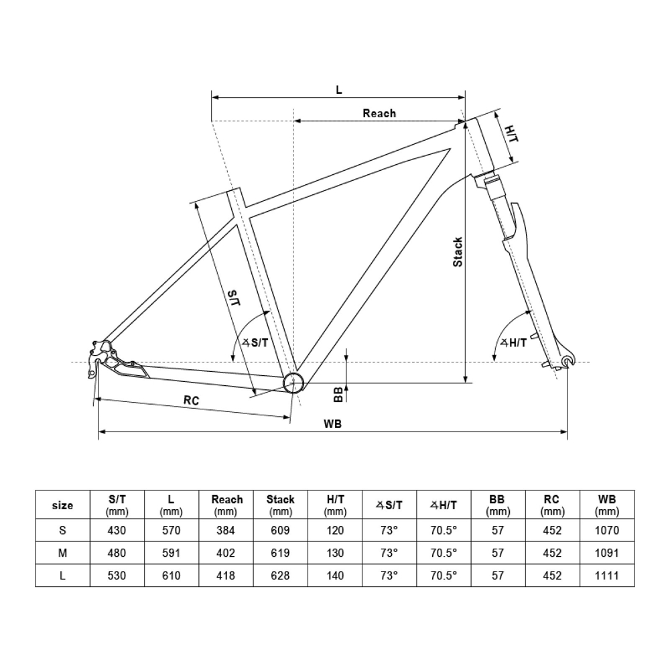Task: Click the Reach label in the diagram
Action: [x=379, y=113]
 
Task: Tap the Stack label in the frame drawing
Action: [x=458, y=252]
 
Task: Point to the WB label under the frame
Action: [x=333, y=423]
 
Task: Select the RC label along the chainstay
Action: [x=192, y=400]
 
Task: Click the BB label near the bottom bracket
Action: [x=339, y=394]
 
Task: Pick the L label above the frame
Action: [x=339, y=90]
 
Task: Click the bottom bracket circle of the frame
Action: [x=294, y=383]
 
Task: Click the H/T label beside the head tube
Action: [x=511, y=133]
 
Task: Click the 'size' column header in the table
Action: [x=62, y=505]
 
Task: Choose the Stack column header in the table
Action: [x=281, y=505]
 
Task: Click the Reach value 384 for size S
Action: [x=227, y=530]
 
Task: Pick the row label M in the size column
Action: [x=62, y=553]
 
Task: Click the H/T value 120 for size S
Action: [x=334, y=530]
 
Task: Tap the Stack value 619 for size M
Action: [x=281, y=553]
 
